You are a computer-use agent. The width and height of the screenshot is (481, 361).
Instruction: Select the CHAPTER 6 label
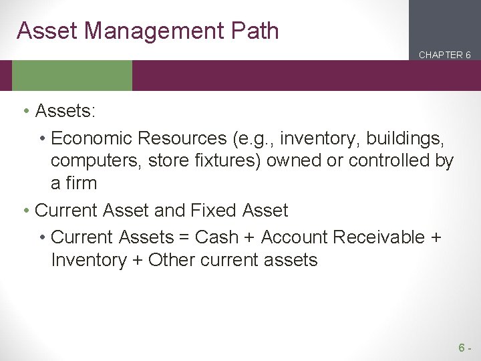pos(444,55)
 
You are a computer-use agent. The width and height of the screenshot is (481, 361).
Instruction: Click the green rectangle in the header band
pos(72,76)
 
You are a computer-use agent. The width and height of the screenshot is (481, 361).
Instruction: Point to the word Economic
pos(92,138)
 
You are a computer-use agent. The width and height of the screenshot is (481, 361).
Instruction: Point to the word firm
pos(82,183)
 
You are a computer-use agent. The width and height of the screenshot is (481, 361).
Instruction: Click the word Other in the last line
pos(172,259)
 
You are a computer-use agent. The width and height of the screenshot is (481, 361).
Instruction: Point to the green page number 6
pos(461,348)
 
